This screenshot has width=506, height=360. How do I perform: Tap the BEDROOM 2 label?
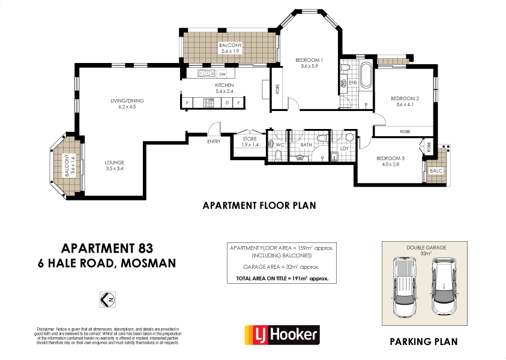pos(405,99)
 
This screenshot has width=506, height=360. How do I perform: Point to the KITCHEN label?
pos(224,86)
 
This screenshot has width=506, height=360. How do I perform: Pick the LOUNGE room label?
pos(114,163)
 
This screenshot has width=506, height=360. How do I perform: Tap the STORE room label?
pos(250,139)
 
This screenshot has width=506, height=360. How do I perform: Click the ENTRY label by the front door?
pos(214,142)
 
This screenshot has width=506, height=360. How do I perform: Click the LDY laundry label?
pos(344,148)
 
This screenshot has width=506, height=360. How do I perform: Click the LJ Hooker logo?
pos(282,334)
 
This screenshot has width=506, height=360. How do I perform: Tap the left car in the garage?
pos(403,287)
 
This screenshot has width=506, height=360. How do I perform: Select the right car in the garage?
pos(444,287)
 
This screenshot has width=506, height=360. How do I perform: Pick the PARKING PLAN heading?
pos(423,342)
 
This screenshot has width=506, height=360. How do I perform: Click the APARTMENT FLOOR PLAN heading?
pos(259,205)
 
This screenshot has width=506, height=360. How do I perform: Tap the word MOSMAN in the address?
pos(148,262)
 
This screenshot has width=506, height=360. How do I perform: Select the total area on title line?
pos(282,279)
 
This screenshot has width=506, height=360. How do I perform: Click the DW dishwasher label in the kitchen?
pos(222,74)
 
